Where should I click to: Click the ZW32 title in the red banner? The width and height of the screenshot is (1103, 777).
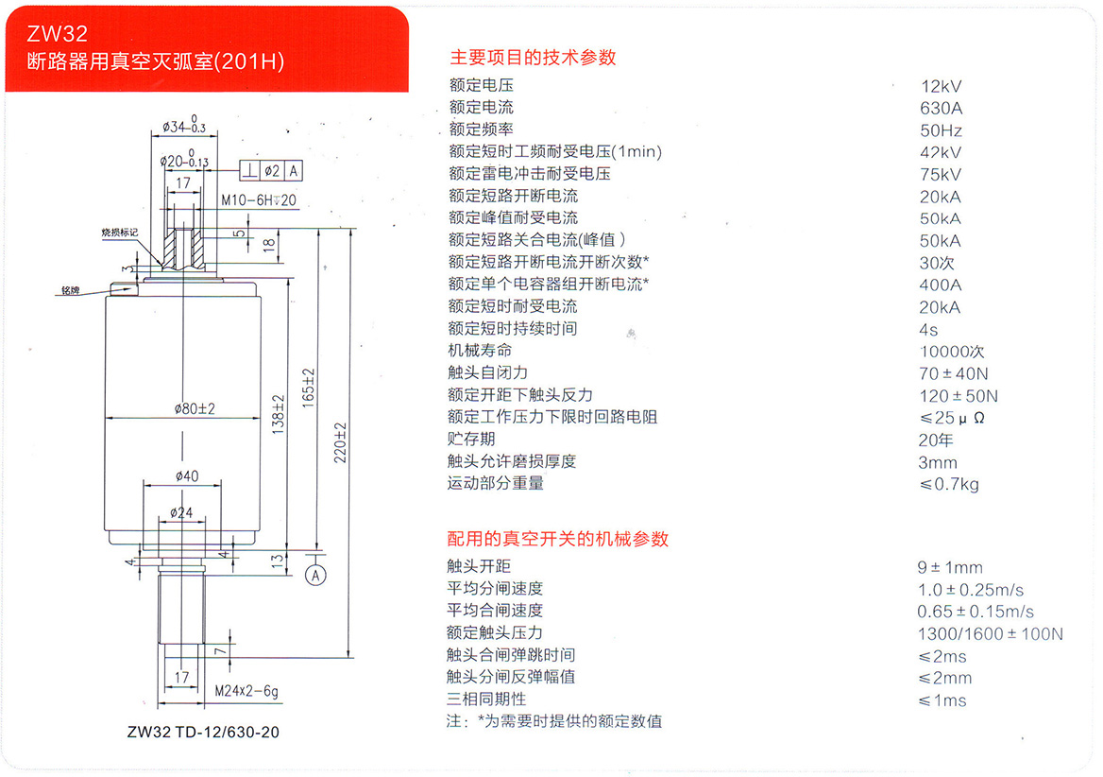[x=59, y=35]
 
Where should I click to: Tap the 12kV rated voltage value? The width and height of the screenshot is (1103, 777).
[x=941, y=86]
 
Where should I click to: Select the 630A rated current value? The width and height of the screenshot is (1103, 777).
[x=941, y=108]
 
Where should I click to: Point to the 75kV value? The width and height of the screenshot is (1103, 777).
[x=941, y=174]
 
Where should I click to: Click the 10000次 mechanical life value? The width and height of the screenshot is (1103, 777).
[x=951, y=351]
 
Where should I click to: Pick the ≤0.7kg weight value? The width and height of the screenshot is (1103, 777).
[x=948, y=485]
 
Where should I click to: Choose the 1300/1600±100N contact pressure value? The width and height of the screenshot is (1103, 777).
[x=990, y=633]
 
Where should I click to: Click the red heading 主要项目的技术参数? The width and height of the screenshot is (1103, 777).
[x=533, y=57]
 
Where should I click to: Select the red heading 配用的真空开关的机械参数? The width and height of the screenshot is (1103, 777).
[x=557, y=539]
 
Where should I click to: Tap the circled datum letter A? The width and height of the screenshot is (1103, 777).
[x=316, y=574]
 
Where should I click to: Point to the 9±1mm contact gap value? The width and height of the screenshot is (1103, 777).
[x=949, y=568]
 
